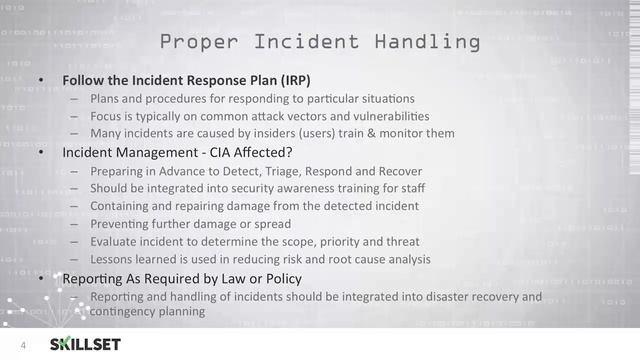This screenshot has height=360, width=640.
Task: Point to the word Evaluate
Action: tap(117, 241)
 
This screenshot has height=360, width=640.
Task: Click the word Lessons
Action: tap(115, 259)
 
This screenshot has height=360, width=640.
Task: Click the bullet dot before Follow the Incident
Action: tap(41, 80)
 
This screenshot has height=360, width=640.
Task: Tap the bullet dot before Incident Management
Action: tap(41, 153)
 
